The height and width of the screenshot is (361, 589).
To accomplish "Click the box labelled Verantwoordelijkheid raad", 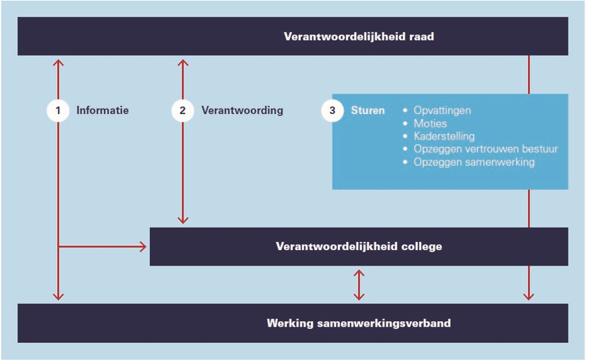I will [293, 36].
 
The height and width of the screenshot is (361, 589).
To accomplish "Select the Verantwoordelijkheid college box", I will [359, 246].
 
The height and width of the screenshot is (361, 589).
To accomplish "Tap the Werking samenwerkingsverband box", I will [293, 323].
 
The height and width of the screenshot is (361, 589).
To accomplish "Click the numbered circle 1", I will [58, 110].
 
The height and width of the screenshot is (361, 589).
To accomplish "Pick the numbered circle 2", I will [182, 110].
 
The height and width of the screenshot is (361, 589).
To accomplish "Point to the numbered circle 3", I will [332, 110].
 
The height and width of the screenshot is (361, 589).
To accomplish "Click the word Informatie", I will [103, 110].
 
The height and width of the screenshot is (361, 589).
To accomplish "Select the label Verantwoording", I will [242, 110].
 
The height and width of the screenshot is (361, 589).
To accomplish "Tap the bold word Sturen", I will [368, 110].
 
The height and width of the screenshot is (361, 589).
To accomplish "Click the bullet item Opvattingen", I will [442, 110].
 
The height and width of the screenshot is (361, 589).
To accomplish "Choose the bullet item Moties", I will [430, 123].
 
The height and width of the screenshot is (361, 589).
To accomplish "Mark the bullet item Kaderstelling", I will [444, 136].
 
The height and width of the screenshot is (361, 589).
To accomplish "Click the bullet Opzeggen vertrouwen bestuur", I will [486, 149].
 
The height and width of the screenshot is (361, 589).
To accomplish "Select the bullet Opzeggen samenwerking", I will [474, 162].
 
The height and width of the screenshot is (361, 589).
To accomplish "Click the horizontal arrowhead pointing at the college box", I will [143, 247].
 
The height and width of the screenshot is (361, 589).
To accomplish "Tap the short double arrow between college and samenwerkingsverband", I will [359, 284].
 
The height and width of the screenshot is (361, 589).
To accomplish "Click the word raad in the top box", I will [422, 36].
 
